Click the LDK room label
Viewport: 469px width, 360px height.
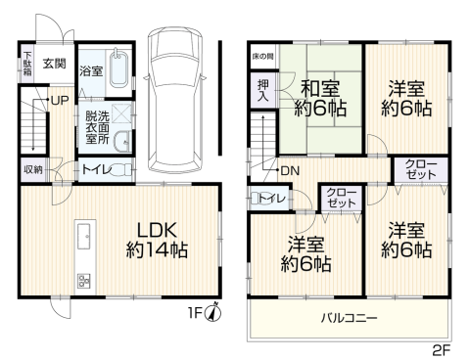pos(157,230)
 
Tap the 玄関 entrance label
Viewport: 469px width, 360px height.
pos(55,64)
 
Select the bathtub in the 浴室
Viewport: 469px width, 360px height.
pos(118,68)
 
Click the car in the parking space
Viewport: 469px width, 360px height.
pos(175,100)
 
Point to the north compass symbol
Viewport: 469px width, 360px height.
pos(212,313)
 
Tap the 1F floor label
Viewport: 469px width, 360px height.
pos(195,313)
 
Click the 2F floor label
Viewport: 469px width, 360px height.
pos(442,351)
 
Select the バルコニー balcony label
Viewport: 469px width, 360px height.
pos(349,317)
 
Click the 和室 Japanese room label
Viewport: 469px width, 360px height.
pos(320,88)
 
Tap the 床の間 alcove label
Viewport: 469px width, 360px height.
pos(262,56)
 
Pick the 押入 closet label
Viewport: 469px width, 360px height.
pos(263,90)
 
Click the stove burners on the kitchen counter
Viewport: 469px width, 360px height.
pos(84,281)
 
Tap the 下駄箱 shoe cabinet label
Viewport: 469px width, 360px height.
pos(27,64)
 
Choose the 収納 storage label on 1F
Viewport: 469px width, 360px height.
pos(33,169)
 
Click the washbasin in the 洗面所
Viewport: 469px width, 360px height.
pos(122,142)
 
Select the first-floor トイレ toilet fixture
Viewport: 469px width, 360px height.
pos(120,169)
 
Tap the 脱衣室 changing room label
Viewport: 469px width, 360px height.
pos(91,128)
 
